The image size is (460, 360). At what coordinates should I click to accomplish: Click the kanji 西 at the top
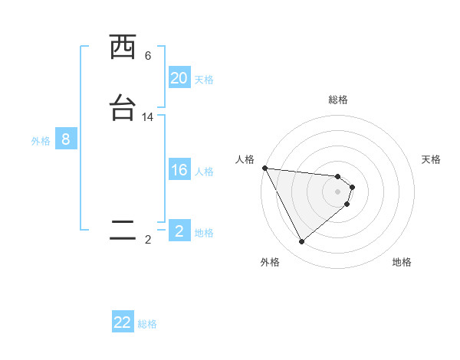coord(123,47)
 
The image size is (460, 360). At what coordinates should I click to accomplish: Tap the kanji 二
coord(123,231)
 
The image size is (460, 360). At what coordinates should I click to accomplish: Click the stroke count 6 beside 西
coord(148,56)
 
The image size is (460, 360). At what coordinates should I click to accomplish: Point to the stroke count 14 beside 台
coord(148,117)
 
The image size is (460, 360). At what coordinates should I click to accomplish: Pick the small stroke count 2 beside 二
coord(148,240)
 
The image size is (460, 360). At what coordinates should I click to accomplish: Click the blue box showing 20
coord(179,78)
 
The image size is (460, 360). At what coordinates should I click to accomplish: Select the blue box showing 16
coord(179,170)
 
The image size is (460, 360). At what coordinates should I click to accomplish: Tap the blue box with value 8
coord(66,139)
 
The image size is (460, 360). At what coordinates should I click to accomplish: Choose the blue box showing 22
coord(123,322)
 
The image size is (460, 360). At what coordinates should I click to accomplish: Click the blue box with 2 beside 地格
coord(179,231)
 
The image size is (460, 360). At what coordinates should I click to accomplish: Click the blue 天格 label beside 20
coord(204,80)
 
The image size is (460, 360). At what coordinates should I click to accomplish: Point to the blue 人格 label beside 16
coord(204,172)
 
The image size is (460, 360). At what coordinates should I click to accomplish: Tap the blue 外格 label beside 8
coord(41,141)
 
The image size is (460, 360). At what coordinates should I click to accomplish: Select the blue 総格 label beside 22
coord(147,324)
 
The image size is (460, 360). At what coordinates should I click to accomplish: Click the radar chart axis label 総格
coord(338,100)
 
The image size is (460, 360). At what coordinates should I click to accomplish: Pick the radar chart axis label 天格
coord(432,159)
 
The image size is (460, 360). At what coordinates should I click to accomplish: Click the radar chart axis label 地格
coord(402,262)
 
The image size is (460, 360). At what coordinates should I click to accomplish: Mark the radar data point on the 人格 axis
coord(264,168)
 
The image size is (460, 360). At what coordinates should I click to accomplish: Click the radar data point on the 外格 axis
coord(301,241)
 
